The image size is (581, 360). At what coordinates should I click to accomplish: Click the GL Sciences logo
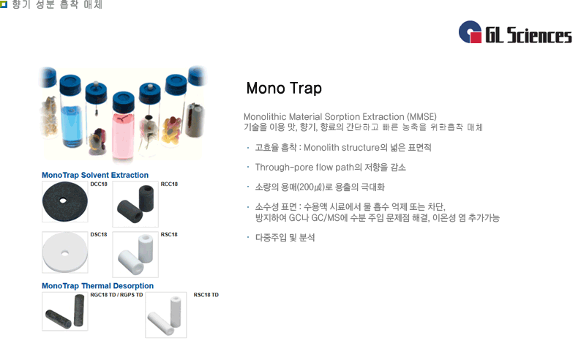(x=514, y=33)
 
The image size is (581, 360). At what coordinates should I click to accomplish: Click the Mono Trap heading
(x=284, y=89)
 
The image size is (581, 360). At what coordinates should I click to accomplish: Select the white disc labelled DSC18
(x=64, y=252)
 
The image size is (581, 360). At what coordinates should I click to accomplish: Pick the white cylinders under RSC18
(x=135, y=254)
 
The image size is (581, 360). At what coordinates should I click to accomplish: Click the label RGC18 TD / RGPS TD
(x=116, y=294)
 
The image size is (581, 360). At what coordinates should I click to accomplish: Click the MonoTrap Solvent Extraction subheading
(x=95, y=175)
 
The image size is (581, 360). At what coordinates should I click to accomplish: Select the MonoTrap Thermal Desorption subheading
(x=98, y=285)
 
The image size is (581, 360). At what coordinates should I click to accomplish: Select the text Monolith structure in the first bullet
(x=339, y=147)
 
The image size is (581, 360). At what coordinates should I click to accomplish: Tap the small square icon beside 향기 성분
(x=4, y=4)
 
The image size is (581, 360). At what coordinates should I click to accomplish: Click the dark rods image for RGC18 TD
(x=64, y=311)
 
